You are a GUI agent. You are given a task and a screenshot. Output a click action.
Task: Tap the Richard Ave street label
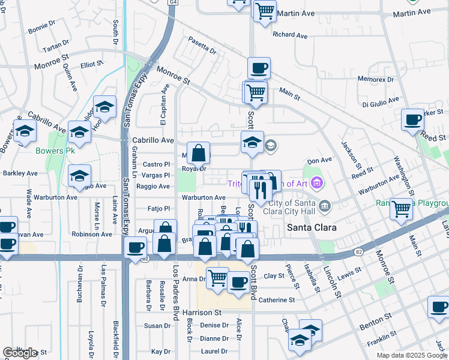click(290, 35)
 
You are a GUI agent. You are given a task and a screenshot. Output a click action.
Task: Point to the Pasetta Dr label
click(202, 46)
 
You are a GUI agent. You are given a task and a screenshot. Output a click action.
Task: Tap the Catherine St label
click(277, 300)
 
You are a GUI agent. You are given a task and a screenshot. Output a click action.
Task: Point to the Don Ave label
click(319, 161)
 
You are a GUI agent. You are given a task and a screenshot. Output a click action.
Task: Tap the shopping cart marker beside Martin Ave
click(265, 11)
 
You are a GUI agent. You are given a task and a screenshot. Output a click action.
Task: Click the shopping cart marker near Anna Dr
click(217, 278)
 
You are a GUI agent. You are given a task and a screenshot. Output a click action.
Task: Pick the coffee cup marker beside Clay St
click(238, 281)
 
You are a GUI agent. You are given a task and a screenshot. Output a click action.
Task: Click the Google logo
click(20, 353)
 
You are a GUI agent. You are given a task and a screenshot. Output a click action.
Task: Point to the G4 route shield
click(173, 1)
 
